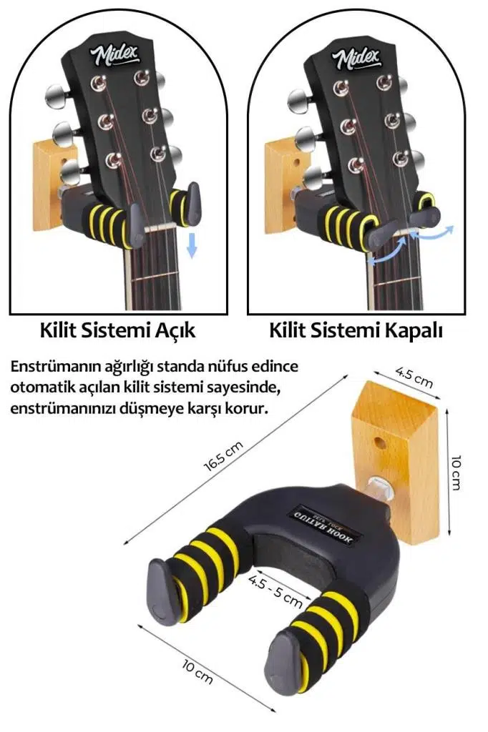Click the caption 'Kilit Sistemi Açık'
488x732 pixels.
click(x=117, y=332)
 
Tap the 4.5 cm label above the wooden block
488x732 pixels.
click(x=414, y=377)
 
